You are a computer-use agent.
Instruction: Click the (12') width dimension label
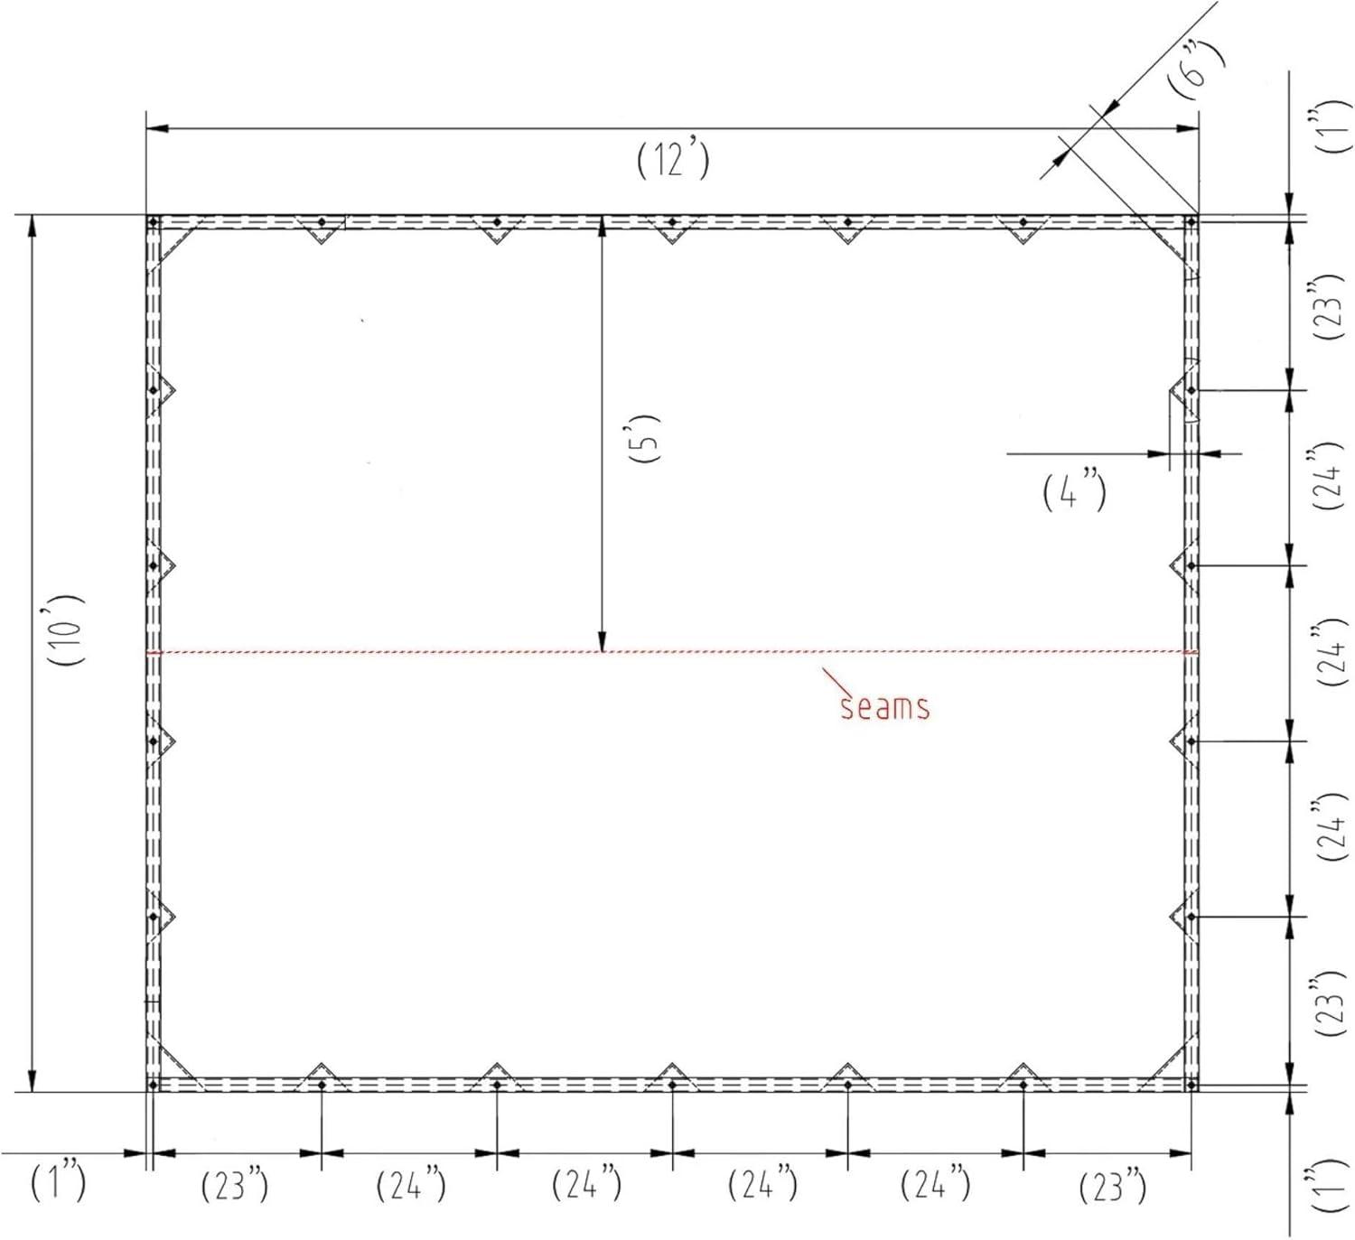coord(674,162)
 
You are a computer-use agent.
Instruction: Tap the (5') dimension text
coord(644,438)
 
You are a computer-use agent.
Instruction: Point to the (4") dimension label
coord(1074,491)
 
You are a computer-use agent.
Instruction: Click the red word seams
coord(885,707)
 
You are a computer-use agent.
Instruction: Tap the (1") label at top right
coord(1330,126)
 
